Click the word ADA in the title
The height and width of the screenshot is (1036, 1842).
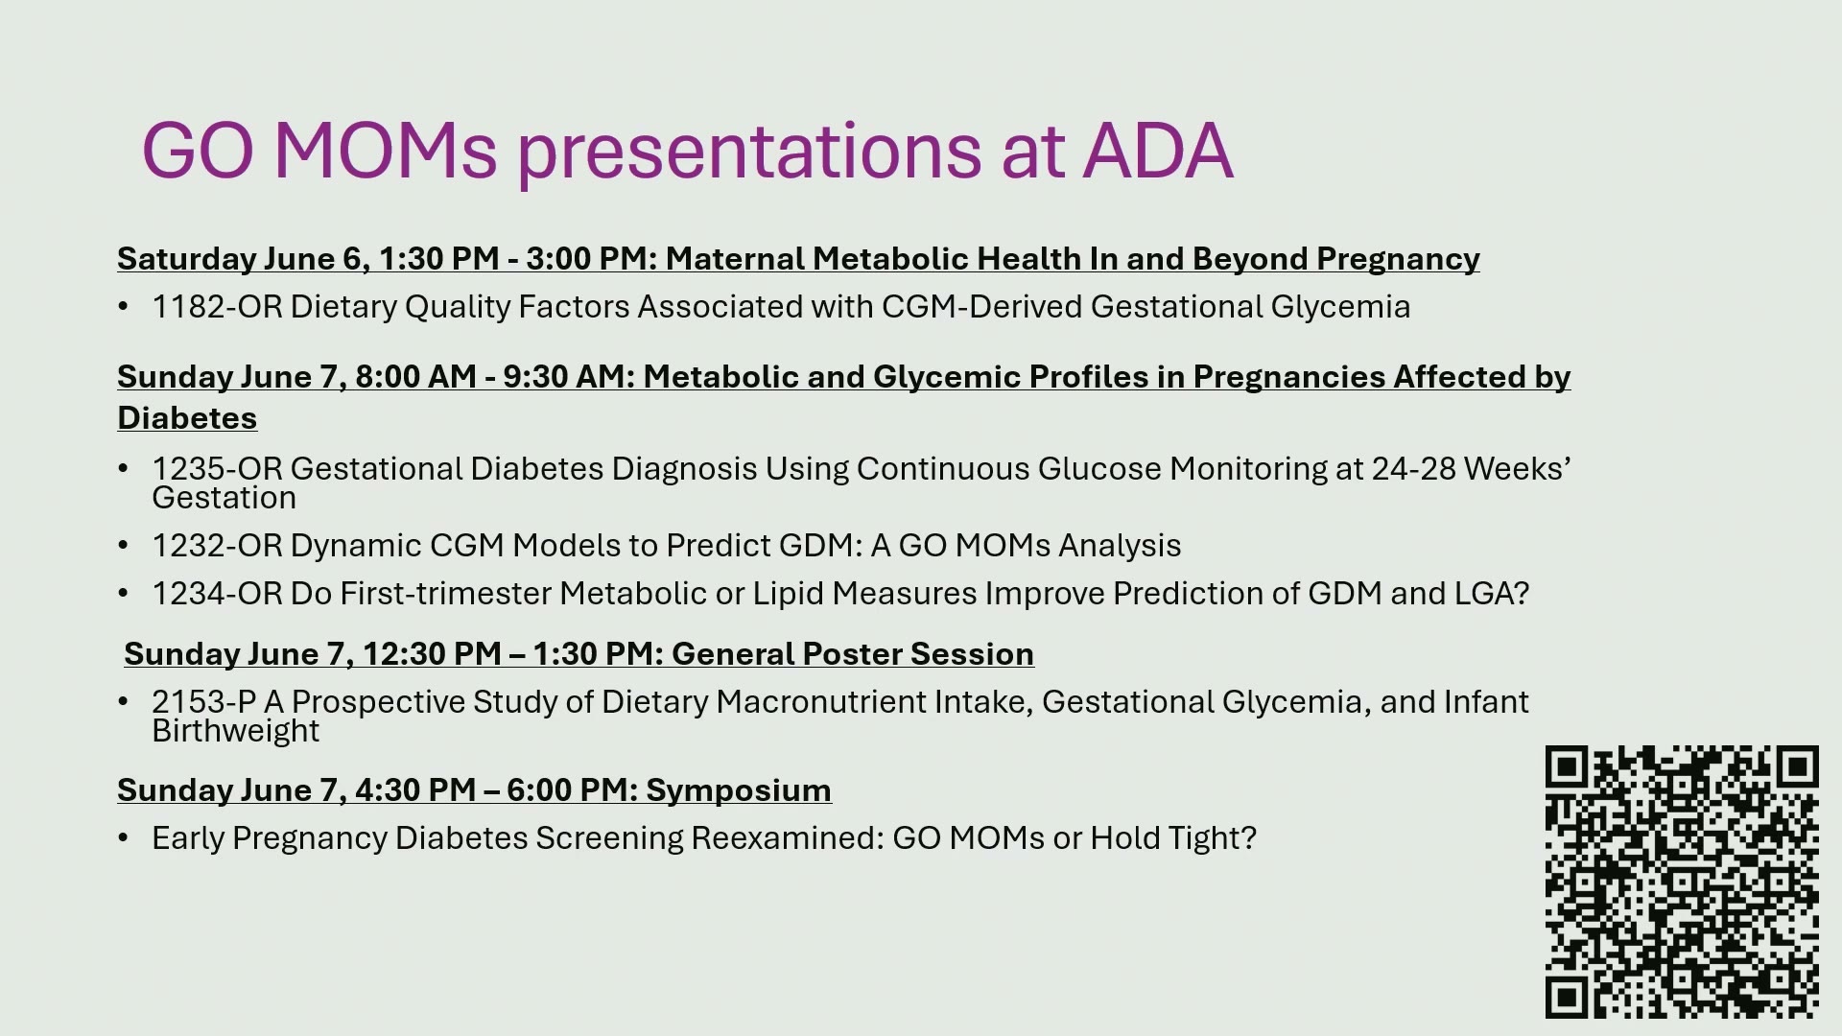tap(1158, 152)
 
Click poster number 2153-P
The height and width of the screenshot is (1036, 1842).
tap(203, 702)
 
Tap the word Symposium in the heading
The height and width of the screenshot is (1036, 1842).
tap(739, 790)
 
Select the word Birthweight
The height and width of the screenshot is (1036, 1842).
tap(235, 731)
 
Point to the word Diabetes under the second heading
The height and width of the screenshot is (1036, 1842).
tap(187, 418)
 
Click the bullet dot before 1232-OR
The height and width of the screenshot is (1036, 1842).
tap(123, 546)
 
